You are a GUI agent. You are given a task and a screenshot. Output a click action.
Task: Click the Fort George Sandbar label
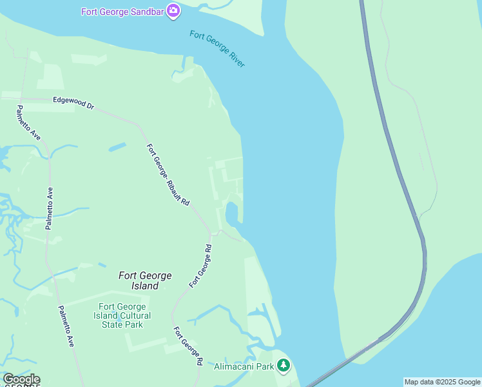122,12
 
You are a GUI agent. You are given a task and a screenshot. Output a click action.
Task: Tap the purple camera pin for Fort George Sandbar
173,11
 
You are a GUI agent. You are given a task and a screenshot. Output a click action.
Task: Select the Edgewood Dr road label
73,102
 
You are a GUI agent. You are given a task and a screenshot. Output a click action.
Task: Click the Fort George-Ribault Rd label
168,174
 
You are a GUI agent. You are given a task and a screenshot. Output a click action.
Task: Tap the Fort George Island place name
145,281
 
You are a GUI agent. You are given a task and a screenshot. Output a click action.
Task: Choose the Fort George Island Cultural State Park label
124,315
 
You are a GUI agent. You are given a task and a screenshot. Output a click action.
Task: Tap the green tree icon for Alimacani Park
284,366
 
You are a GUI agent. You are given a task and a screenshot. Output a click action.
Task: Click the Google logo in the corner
21,379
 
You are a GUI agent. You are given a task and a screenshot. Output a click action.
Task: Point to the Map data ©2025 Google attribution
443,382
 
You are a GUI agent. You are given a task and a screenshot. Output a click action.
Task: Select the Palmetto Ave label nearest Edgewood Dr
29,123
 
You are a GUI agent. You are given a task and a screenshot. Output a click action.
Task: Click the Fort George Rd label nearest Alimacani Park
188,346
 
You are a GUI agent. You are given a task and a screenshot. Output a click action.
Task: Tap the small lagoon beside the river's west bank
231,212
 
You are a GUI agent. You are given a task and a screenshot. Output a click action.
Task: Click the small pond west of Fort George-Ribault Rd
117,148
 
